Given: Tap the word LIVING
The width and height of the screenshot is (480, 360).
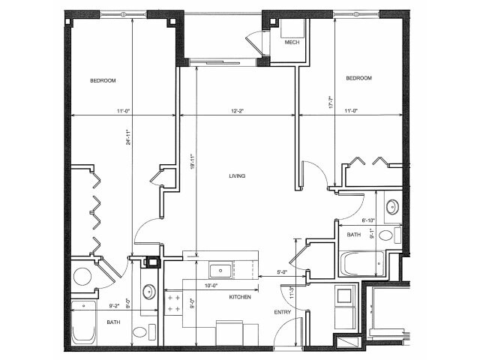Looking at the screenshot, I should (238, 176).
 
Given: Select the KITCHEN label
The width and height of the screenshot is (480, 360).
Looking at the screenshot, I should (238, 298).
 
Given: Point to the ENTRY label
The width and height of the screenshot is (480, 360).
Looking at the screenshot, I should (282, 312).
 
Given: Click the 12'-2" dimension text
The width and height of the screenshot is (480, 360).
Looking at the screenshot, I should (238, 112).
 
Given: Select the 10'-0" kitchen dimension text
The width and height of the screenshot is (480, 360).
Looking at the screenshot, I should (212, 285).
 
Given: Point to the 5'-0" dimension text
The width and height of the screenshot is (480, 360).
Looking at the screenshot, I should (283, 271).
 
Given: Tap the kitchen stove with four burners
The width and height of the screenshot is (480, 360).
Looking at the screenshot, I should (174, 304).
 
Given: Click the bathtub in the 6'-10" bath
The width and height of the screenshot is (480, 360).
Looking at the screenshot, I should (361, 263).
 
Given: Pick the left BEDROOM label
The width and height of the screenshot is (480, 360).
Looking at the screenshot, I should (103, 79).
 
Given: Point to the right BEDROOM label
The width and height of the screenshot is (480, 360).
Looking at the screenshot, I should (358, 78).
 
